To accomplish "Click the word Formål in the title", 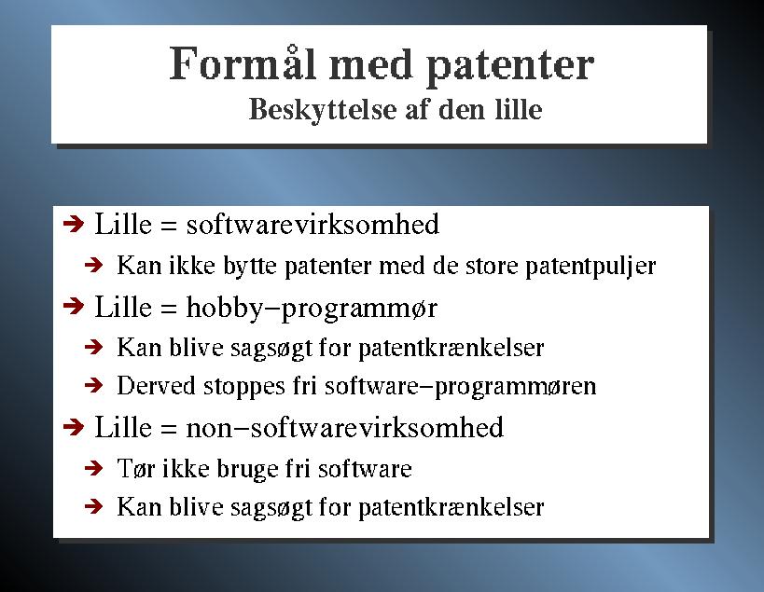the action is tap(243, 63).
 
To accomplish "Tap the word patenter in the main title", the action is tap(510, 68).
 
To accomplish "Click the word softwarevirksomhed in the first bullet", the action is tap(313, 224).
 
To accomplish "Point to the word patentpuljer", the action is tap(590, 267).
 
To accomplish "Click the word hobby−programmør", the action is tap(312, 309).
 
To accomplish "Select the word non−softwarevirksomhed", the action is tap(345, 427).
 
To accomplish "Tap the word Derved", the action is tap(157, 385).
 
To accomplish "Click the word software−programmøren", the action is tap(461, 387).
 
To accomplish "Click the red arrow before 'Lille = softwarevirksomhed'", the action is tap(74, 225).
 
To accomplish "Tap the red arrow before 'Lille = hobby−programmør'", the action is tap(74, 307).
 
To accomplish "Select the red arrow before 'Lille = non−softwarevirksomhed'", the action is tap(74, 427).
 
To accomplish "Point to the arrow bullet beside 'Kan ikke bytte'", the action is tap(93, 266).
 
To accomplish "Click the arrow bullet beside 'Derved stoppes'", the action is tap(93, 386).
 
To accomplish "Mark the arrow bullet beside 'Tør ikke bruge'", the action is tap(93, 468).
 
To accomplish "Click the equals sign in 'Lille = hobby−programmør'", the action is tap(168, 310).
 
